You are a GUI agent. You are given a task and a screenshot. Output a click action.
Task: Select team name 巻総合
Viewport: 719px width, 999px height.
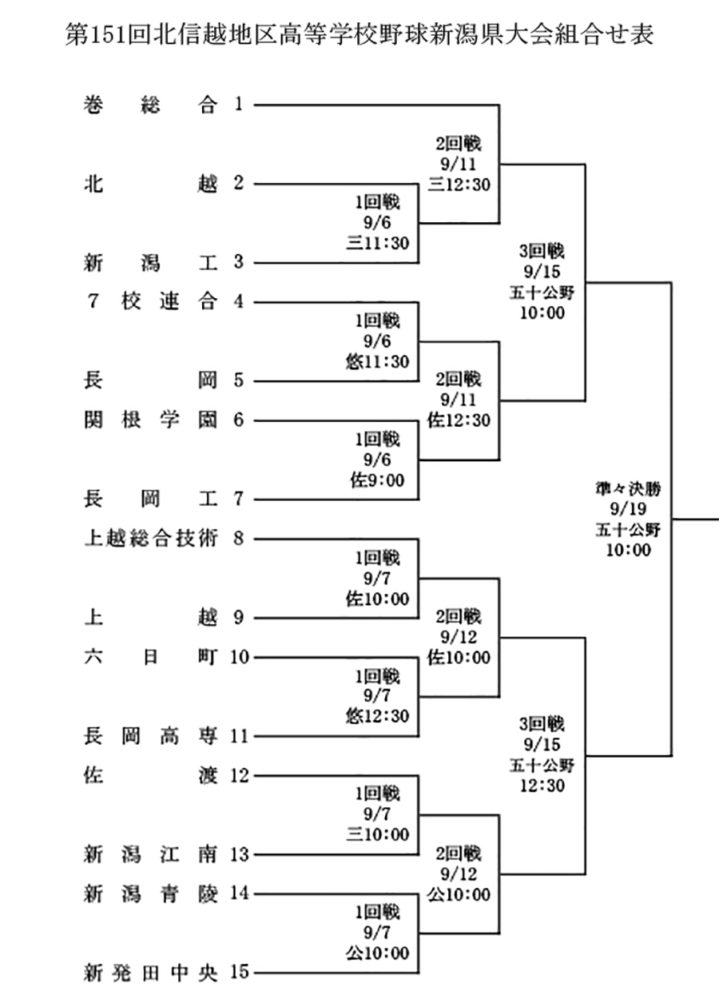tap(150, 105)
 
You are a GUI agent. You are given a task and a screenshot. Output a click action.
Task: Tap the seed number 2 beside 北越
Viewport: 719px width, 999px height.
tap(238, 184)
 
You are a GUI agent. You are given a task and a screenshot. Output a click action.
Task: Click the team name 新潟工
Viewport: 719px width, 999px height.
tap(150, 263)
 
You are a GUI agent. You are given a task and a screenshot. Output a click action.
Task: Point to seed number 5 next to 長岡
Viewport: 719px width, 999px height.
tap(238, 381)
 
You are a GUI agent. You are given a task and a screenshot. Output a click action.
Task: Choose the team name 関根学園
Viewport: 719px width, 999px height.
tap(150, 420)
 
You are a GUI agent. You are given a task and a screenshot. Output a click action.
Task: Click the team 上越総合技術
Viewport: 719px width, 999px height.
tap(150, 539)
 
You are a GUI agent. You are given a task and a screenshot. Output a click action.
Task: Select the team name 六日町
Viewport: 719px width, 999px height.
tap(150, 657)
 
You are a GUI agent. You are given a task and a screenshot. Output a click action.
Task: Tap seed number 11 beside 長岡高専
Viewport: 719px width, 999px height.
tap(240, 736)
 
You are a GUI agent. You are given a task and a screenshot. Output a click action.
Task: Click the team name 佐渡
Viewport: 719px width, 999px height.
tap(150, 775)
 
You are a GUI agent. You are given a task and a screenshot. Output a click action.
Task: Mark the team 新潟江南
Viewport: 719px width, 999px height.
tap(150, 854)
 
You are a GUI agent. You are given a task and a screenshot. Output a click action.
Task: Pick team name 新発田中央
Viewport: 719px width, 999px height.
tap(150, 973)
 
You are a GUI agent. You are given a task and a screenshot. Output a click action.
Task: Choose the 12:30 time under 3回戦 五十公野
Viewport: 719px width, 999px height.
tap(542, 786)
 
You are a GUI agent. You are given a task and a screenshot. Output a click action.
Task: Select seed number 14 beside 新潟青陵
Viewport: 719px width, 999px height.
tap(240, 894)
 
